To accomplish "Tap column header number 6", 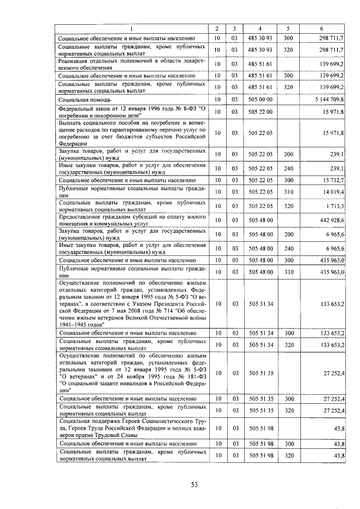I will point(321,29).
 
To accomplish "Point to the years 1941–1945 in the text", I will point(75,324).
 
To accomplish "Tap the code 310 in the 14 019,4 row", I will point(289,192).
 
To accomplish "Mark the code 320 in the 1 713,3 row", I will point(289,206).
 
